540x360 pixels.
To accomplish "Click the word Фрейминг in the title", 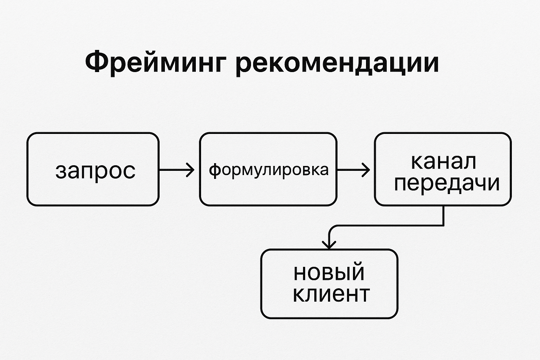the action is (155, 62).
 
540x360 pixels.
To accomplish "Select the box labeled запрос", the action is (93, 169).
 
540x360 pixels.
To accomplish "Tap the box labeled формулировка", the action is (268, 169).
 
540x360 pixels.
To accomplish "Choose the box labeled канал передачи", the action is (443, 169).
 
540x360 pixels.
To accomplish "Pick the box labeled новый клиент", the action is (329, 284).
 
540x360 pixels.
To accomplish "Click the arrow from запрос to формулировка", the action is (177, 170).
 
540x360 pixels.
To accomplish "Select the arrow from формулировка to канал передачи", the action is (353, 170).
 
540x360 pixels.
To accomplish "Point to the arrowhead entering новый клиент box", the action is (329, 245).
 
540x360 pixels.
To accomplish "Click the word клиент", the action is (331, 295).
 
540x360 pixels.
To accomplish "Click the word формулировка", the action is (269, 170).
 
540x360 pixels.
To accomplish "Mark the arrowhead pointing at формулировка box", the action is (191, 170).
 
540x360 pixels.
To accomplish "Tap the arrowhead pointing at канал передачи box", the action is (366, 170).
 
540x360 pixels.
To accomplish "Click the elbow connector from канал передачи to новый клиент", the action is (386, 225).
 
